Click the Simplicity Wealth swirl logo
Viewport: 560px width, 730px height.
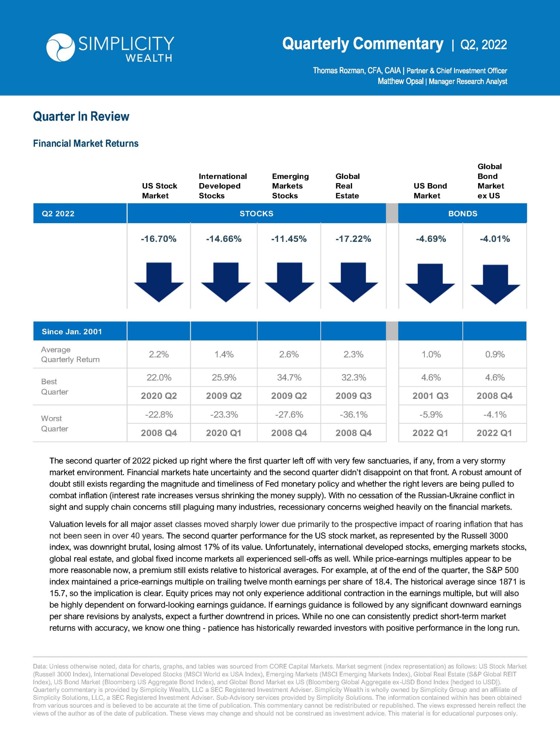[60, 48]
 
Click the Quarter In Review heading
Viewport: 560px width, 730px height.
[81, 116]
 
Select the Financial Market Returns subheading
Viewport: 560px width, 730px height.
[86, 143]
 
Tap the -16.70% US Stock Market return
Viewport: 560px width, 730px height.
[159, 239]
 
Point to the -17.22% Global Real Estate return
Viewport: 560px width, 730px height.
[353, 239]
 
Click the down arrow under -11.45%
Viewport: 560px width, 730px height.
[289, 282]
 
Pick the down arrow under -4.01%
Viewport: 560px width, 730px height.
[495, 284]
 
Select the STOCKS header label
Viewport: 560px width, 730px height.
[256, 213]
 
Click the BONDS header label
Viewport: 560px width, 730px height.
[463, 213]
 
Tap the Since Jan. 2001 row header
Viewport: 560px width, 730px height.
[72, 331]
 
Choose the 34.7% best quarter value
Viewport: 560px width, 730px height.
[289, 377]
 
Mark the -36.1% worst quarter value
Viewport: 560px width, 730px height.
[353, 414]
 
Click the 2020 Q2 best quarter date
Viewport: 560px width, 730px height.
[159, 396]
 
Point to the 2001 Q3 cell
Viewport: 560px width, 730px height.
[430, 396]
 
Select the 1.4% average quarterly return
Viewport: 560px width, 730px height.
[224, 354]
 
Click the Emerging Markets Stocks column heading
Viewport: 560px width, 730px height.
[290, 186]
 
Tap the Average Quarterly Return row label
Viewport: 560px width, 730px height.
[70, 354]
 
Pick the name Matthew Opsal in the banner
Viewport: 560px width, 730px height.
[400, 81]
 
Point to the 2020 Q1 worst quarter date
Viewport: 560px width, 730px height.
[224, 433]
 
